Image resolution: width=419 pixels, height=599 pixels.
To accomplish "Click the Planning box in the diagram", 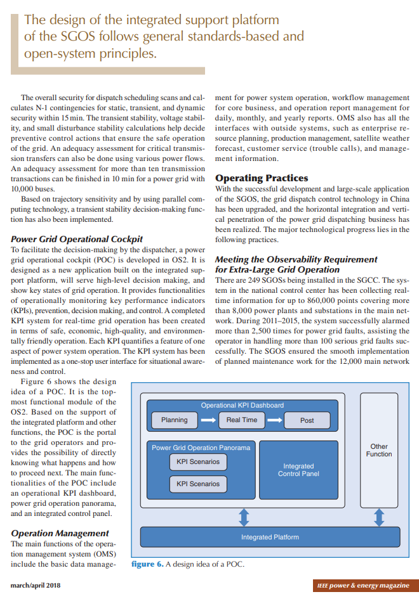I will click(174, 420).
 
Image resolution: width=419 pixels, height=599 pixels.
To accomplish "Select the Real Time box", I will click(241, 420).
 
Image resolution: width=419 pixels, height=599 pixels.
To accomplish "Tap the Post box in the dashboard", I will click(307, 420).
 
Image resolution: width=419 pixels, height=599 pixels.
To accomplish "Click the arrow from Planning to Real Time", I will click(208, 420).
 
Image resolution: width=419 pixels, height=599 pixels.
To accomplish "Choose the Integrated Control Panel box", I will click(298, 470).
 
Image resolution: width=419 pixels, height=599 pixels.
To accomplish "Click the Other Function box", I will click(379, 451).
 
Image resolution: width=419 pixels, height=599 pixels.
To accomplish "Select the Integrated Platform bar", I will click(270, 538).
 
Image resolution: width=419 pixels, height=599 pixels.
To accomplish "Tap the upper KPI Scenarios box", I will click(198, 461).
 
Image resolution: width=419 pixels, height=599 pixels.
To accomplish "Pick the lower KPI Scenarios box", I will click(198, 484).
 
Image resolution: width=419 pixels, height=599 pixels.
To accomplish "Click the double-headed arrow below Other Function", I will click(379, 518).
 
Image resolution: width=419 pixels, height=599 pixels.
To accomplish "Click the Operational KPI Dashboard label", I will click(242, 405).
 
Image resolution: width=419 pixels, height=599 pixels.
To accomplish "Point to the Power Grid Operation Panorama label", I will click(201, 448).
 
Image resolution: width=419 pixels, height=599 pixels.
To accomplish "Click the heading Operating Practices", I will click(262, 178).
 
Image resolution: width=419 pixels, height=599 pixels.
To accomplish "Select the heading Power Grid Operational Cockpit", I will click(77, 239).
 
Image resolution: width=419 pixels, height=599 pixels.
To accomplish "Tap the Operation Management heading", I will click(60, 533).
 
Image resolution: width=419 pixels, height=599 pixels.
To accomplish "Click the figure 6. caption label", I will click(147, 564).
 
